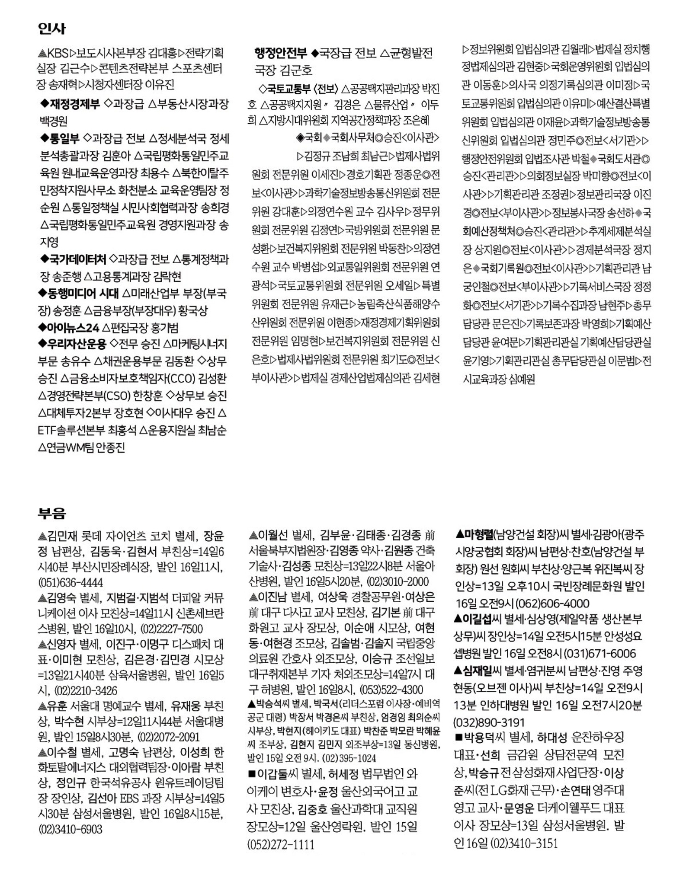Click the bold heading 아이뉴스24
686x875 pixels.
click(74, 327)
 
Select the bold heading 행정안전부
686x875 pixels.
click(281, 53)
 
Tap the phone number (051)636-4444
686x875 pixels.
click(71, 582)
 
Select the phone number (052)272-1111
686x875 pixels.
click(281, 844)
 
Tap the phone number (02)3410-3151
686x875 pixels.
click(524, 843)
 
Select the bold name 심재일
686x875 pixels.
click(478, 671)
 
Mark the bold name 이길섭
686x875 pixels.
click(478, 619)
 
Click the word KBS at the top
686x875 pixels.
click(58, 54)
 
